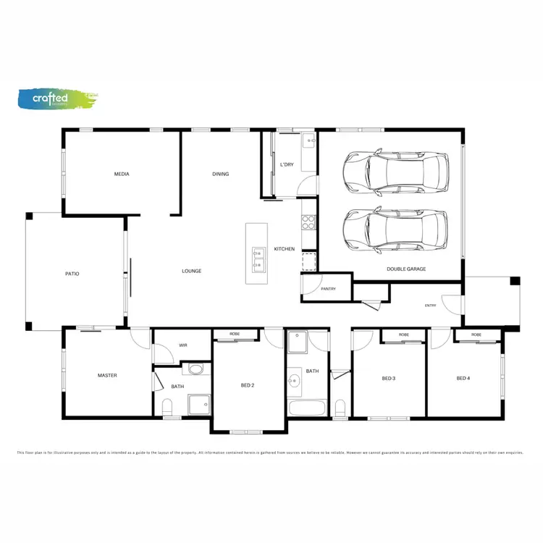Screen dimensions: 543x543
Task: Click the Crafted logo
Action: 56,99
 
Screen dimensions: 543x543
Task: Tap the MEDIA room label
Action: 122,174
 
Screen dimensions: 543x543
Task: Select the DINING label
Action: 221,174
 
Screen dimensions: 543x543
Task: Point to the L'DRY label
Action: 287,165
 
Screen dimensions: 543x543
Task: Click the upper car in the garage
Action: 395,172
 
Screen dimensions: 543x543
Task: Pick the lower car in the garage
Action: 395,230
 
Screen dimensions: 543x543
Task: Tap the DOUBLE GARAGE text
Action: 406,269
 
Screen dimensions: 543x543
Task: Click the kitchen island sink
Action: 258,256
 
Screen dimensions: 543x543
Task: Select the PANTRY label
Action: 327,288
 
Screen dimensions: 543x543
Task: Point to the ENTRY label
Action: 430,306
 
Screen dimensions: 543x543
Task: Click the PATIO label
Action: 72,274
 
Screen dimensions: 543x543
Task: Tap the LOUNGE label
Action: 191,271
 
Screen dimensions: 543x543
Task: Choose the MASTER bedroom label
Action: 107,375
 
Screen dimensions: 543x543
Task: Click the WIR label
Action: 184,345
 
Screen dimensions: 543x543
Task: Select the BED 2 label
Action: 248,385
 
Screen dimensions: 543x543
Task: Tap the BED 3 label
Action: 388,378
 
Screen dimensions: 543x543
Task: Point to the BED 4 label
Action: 463,378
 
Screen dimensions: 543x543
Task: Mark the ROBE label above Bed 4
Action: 476,335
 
